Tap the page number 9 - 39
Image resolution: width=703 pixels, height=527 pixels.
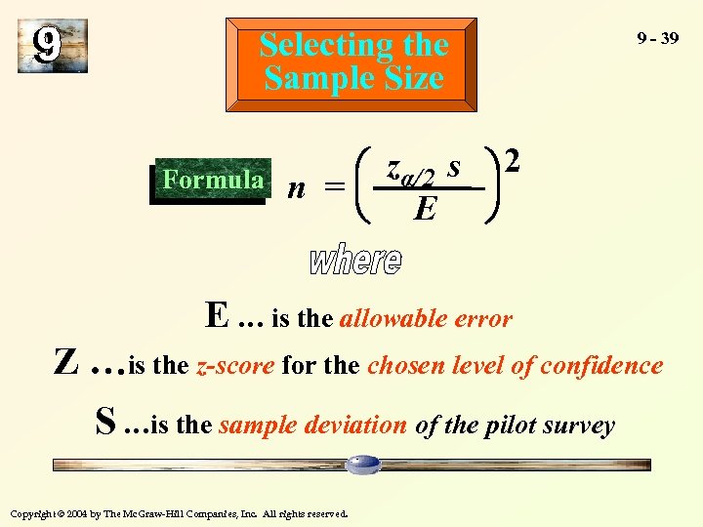point(657,38)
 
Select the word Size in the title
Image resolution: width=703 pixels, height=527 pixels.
point(413,78)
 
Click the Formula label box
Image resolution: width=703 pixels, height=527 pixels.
point(212,181)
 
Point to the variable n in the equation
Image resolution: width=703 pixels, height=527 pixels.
point(295,187)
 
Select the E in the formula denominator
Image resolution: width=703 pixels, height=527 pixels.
point(425,207)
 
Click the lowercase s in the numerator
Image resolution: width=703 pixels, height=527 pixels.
point(453,167)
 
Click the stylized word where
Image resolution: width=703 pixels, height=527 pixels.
point(355,258)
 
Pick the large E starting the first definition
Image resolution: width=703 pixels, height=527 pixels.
point(217,316)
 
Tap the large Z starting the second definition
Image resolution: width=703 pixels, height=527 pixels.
point(65,365)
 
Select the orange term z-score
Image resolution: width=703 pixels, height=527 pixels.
point(236,366)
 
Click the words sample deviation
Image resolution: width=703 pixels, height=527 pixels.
point(312,426)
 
